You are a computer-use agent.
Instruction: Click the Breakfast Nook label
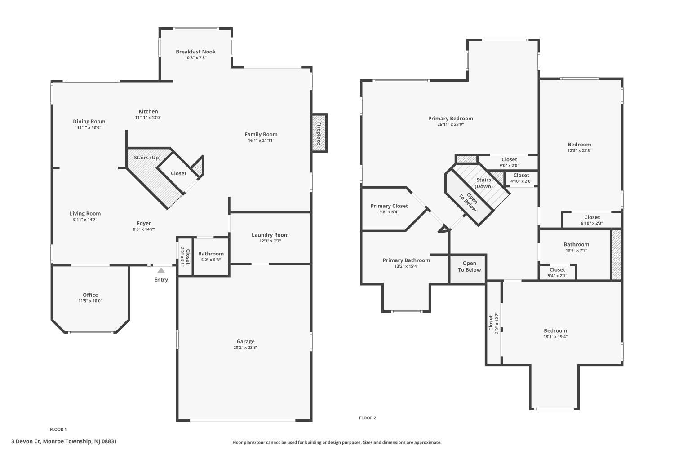coord(195,52)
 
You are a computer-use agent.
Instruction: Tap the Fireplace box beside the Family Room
coord(319,133)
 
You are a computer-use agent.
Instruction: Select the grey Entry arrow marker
coord(161,271)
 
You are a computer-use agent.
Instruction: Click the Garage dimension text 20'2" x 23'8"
coord(245,348)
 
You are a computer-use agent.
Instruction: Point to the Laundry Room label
coord(270,235)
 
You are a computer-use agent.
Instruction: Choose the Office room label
coord(90,295)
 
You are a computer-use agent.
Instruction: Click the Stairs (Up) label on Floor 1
coord(147,158)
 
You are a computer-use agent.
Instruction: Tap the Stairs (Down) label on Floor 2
coord(483,183)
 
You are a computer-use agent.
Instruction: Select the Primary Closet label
coord(389,206)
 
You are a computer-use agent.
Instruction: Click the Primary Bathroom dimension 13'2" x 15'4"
coord(406,266)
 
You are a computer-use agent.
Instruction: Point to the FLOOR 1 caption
coord(58,429)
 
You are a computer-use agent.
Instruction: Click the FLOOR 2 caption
coord(368,418)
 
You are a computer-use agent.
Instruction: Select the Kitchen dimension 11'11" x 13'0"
coord(148,118)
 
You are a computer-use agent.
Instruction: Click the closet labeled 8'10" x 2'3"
coord(592,220)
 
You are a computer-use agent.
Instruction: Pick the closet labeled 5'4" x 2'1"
coord(557,273)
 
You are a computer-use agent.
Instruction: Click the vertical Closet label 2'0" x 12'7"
coord(493,323)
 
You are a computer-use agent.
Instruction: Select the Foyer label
coord(144,224)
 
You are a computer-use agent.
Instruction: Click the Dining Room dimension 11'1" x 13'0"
coord(89,128)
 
